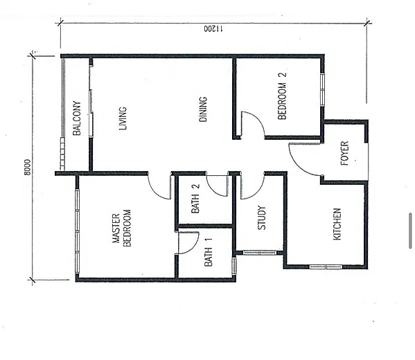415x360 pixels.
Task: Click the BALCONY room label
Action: pyautogui.click(x=77, y=118)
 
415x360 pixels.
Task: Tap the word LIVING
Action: pyautogui.click(x=123, y=118)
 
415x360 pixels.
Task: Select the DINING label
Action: pyautogui.click(x=203, y=109)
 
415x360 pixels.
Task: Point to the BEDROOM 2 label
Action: pyautogui.click(x=282, y=96)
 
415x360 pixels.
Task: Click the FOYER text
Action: pyautogui.click(x=344, y=154)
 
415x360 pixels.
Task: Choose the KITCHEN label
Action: pyautogui.click(x=337, y=224)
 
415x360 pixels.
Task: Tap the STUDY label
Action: pyautogui.click(x=261, y=217)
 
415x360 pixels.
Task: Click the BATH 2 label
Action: pyautogui.click(x=195, y=199)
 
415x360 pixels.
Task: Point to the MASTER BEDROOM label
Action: pyautogui.click(x=122, y=228)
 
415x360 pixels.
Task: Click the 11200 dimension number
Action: pyautogui.click(x=213, y=28)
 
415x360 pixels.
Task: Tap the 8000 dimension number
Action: pyautogui.click(x=27, y=167)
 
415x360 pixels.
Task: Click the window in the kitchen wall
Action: pyautogui.click(x=326, y=267)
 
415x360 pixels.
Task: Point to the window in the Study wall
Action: pyautogui.click(x=260, y=253)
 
